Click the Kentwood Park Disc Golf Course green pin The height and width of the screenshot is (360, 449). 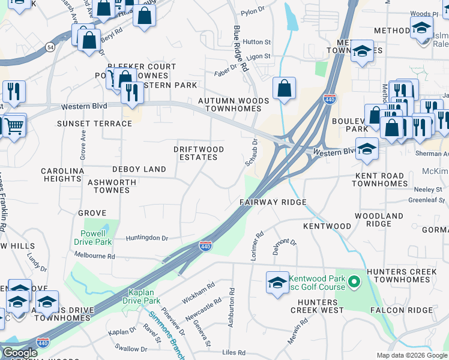click(x=354, y=281)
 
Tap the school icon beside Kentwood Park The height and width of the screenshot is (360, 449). click(x=277, y=283)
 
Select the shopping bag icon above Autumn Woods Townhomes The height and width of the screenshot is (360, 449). click(x=284, y=88)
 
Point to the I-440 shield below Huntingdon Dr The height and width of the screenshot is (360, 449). click(x=205, y=245)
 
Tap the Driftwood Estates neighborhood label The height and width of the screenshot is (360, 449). click(x=199, y=153)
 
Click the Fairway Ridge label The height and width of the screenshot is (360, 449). click(x=273, y=202)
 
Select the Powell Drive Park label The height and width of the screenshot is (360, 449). click(x=93, y=238)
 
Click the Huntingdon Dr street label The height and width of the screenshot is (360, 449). click(x=147, y=238)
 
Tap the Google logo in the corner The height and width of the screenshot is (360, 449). click(x=20, y=352)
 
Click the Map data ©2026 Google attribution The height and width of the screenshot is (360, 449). click(x=411, y=355)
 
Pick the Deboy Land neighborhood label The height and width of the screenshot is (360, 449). click(x=139, y=169)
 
